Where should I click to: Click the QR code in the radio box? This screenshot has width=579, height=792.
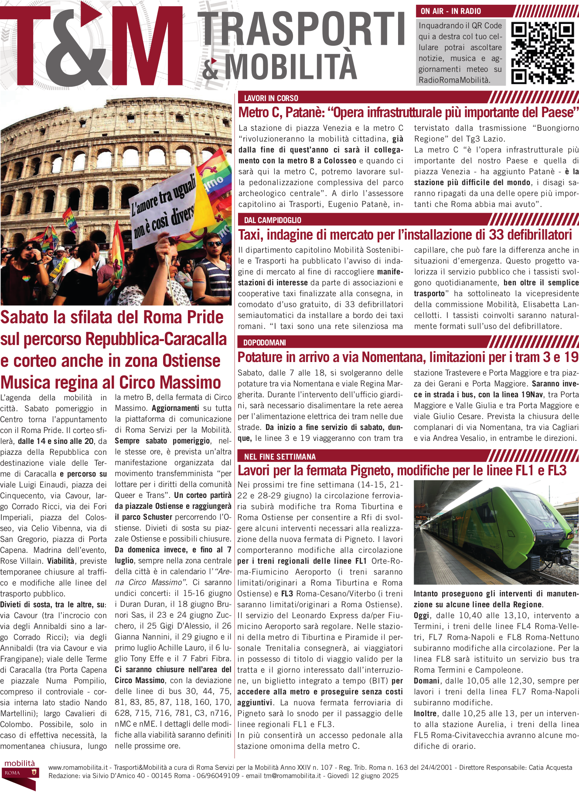[542, 53]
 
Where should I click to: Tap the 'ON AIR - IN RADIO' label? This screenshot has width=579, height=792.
[451, 11]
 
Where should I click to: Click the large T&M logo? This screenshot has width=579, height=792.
[92, 46]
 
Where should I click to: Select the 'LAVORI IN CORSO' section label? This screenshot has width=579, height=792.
[271, 98]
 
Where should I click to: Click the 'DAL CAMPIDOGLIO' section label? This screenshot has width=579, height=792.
[272, 220]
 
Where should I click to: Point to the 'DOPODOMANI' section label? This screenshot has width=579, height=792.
[264, 343]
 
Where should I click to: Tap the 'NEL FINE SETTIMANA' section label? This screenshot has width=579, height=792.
[280, 457]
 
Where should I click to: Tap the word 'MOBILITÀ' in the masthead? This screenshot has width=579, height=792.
[291, 67]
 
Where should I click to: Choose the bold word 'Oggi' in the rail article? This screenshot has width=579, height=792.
[422, 616]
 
